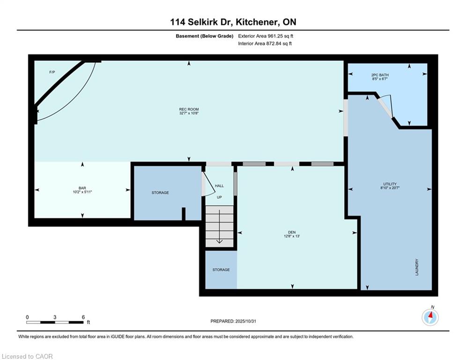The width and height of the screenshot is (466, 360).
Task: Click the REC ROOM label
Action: [189, 109]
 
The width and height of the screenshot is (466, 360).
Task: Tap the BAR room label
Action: [82, 187]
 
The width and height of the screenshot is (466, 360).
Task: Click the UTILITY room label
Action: [390, 184]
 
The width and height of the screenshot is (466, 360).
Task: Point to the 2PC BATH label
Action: [380, 75]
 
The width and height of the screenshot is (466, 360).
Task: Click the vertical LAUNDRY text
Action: [416, 267]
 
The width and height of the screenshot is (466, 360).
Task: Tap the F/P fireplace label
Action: [52, 72]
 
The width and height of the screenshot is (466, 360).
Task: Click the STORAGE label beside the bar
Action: [160, 193]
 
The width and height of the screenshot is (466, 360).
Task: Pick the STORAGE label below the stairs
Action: [221, 270]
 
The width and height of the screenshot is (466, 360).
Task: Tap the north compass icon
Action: [429, 317]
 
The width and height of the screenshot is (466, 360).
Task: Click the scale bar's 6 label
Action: [83, 317]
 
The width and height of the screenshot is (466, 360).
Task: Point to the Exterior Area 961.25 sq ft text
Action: [266, 36]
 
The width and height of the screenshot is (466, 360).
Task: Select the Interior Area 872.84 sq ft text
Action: [265, 44]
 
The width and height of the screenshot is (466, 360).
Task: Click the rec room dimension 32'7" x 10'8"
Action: [189, 113]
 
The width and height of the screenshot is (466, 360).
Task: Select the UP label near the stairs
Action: [219, 197]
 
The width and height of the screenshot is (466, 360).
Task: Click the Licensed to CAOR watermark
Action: [28, 356]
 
